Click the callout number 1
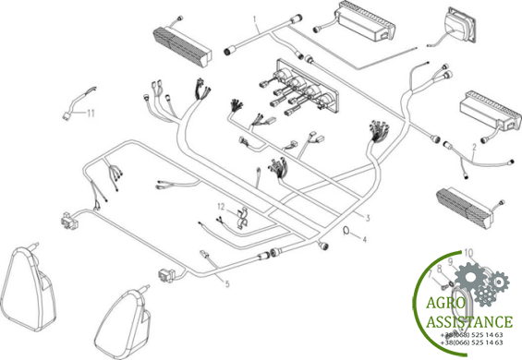pyautogui.click(x=255, y=19)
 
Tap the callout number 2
pyautogui.click(x=474, y=147)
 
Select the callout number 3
pyautogui.click(x=368, y=218)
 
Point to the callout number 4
pyautogui.click(x=365, y=240)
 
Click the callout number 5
pyautogui.click(x=227, y=283)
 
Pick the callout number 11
pyautogui.click(x=91, y=114)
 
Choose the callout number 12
pyautogui.click(x=222, y=207)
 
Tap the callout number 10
pyautogui.click(x=468, y=253)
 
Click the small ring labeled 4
pyautogui.click(x=346, y=230)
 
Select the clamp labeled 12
pyautogui.click(x=242, y=218)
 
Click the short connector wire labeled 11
pyautogui.click(x=79, y=102)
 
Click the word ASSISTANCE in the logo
pyautogui.click(x=469, y=322)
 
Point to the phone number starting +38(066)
pyautogui.click(x=471, y=342)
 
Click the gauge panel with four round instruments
pyautogui.click(x=307, y=88)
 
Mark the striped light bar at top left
pyautogui.click(x=182, y=46)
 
